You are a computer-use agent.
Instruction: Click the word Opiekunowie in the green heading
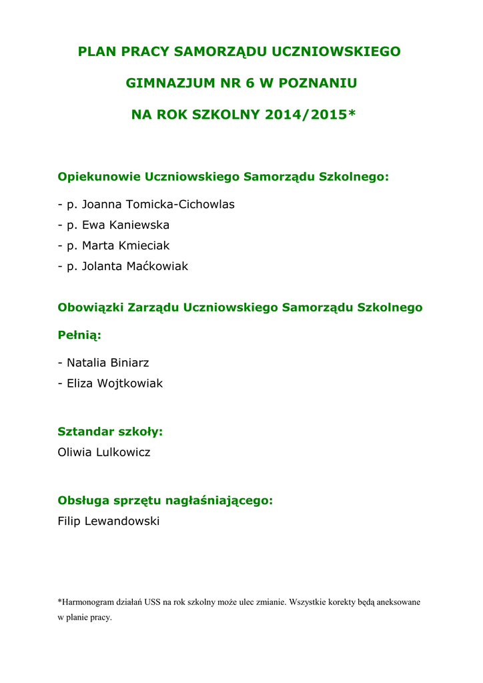click(x=99, y=177)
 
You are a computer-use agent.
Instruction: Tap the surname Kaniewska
click(x=139, y=225)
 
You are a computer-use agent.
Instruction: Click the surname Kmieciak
click(x=143, y=245)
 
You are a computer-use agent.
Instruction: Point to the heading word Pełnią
click(x=79, y=335)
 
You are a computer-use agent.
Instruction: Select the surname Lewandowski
click(x=122, y=521)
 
